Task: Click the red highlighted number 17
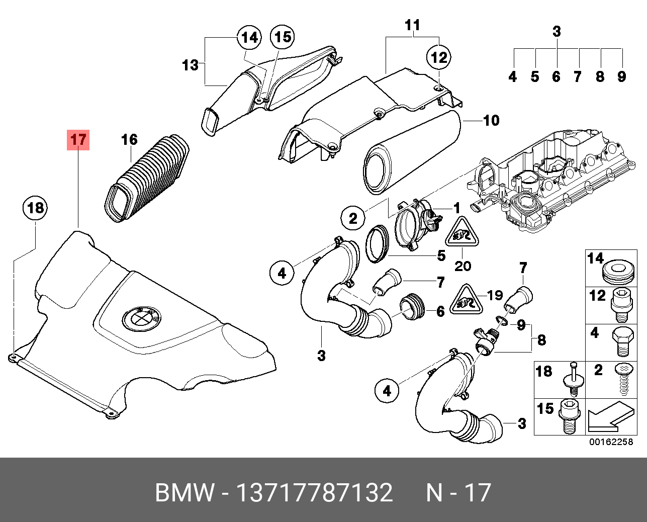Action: coord(78,139)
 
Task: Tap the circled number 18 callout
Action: coord(35,208)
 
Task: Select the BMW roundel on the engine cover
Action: coord(141,318)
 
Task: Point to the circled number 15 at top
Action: coord(283,37)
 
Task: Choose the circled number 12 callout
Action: coord(439,57)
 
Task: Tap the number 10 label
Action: coord(491,121)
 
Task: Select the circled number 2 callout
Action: coord(353,218)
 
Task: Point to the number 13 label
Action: coord(190,65)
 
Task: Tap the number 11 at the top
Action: coord(412,25)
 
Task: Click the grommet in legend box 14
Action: coord(617,272)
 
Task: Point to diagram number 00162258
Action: coord(611,442)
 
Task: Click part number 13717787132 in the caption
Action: coord(314,492)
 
